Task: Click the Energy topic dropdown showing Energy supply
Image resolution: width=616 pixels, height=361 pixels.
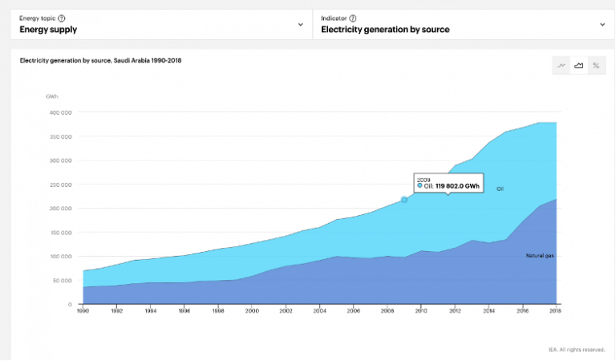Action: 160,25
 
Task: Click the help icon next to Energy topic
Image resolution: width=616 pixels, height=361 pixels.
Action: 62,18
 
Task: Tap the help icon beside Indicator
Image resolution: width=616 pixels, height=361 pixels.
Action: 353,18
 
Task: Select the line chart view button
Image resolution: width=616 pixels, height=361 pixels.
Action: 561,66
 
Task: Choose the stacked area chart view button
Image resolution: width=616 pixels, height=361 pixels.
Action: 578,66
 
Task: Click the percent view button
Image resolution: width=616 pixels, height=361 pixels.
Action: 596,66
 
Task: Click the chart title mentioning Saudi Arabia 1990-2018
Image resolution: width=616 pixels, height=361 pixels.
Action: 100,61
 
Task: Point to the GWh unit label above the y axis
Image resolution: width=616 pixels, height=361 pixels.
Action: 52,96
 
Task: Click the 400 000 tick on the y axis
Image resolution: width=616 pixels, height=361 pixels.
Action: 60,112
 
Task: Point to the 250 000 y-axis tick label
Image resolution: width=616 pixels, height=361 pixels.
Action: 60,185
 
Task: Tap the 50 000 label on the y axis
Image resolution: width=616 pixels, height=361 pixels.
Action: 62,281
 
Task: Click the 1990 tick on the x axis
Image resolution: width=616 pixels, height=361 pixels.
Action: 83,310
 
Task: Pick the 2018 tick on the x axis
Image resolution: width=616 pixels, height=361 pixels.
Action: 556,310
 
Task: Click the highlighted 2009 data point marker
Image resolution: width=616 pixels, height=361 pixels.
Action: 404,199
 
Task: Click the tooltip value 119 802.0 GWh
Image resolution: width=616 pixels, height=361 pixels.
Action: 457,186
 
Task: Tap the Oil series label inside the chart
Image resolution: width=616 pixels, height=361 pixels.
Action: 500,189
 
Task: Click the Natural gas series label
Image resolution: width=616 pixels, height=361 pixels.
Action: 539,256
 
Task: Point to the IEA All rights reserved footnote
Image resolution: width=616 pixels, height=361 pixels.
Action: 576,349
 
